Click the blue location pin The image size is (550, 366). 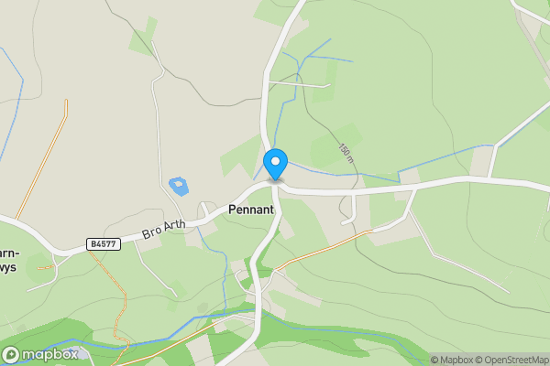(x=275, y=165)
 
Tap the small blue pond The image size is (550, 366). (x=179, y=186)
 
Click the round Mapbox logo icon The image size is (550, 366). (x=12, y=354)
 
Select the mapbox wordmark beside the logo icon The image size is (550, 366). (x=50, y=354)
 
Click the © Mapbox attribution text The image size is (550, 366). (x=456, y=360)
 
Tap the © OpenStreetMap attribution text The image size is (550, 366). (x=516, y=360)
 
